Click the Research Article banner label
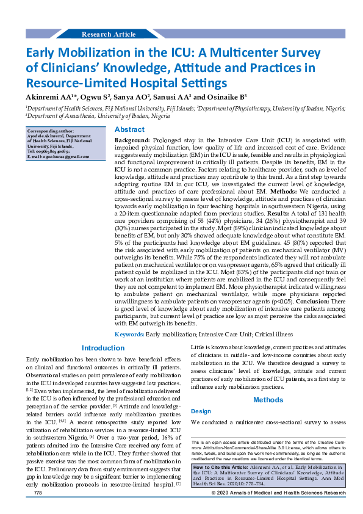(108, 34)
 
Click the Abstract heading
(130, 129)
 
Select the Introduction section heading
(103, 348)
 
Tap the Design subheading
(201, 411)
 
